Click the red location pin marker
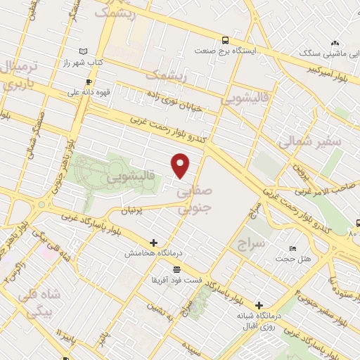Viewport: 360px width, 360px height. coord(181,165)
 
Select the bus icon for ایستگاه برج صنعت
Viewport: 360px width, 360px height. coord(224,40)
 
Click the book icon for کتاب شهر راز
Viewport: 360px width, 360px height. coord(84,51)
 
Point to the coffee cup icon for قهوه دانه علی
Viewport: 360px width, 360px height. coord(89,81)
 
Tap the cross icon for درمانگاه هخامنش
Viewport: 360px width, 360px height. coord(153,243)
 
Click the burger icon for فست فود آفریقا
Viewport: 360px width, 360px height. coord(175,269)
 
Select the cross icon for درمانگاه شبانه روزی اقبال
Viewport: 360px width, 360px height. coord(260,305)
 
